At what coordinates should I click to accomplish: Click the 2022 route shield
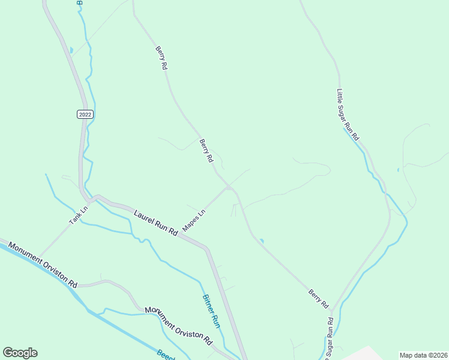click(x=86, y=114)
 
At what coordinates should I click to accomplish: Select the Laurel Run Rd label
click(x=156, y=221)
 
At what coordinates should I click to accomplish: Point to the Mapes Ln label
click(x=194, y=221)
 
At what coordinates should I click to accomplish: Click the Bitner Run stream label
click(x=211, y=311)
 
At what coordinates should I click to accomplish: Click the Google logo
click(x=20, y=353)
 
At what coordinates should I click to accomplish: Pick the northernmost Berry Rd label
click(x=160, y=58)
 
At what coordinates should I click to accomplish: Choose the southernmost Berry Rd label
click(x=319, y=299)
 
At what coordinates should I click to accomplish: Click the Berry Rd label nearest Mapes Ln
click(x=206, y=151)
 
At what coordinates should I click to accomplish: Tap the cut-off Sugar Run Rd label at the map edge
click(x=330, y=339)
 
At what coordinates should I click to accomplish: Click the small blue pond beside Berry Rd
click(x=262, y=241)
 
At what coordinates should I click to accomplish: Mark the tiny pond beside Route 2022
click(x=71, y=50)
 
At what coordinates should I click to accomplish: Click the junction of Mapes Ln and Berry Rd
click(x=229, y=188)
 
